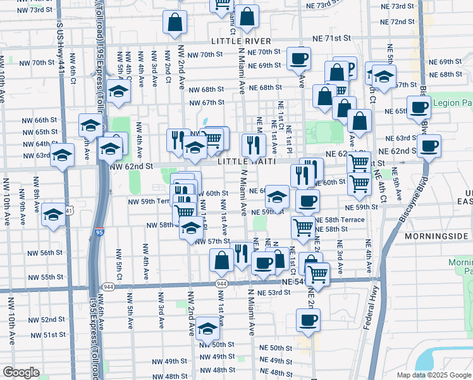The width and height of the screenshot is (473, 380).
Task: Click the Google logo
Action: (21, 372)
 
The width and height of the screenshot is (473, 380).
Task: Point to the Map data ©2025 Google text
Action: (433, 375)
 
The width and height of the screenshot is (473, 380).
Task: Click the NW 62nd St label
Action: (132, 166)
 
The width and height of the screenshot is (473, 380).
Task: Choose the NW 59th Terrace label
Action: (149, 201)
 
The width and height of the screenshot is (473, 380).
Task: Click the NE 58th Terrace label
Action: (339, 219)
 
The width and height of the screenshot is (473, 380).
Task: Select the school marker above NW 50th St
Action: (207, 327)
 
